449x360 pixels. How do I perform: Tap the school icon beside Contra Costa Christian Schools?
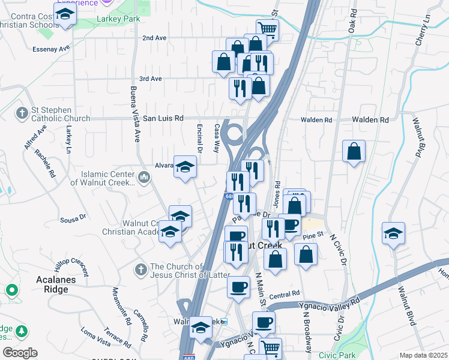point(65,14)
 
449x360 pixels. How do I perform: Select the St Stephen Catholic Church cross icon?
point(22,113)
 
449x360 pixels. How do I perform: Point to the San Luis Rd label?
point(162,119)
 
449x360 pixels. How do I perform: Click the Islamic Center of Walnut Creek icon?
point(143,177)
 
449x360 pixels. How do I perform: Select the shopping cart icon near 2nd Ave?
point(267,28)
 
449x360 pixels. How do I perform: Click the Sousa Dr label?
point(73,219)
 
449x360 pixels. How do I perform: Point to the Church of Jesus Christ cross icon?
point(141,268)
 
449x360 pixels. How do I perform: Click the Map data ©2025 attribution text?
point(423,355)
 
